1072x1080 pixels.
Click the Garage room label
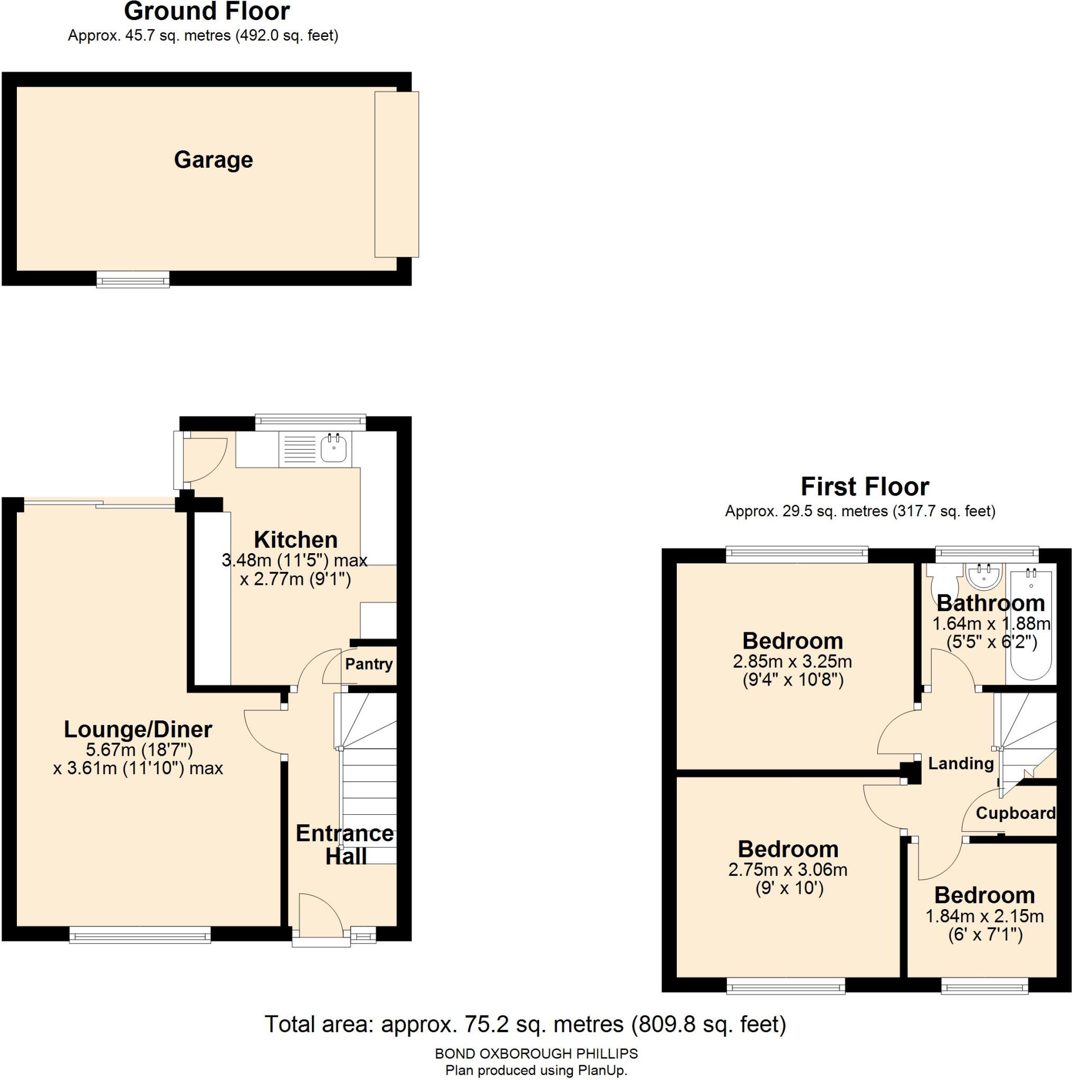213,160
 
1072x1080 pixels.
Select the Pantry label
369,664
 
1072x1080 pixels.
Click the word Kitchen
296,540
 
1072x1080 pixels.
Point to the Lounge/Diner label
138,729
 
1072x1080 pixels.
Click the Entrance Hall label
345,845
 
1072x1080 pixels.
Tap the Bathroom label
990,603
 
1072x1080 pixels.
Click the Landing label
961,764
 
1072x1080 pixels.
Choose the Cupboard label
1016,813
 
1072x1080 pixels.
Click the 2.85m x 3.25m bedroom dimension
792,662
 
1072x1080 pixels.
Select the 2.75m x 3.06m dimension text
787,870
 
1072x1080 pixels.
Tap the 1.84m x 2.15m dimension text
984,916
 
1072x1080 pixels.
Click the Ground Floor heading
207,11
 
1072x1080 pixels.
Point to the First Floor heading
865,487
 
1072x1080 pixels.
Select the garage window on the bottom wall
132,278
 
